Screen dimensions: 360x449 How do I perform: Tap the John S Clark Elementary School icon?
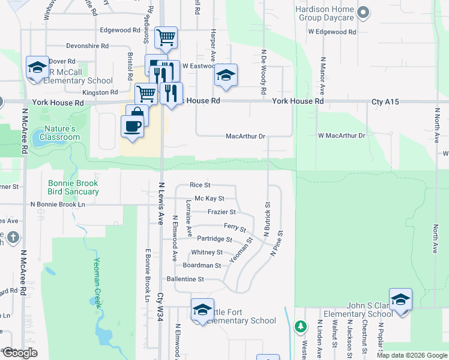(400, 299)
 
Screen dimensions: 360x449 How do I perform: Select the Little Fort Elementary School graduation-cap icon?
(203, 309)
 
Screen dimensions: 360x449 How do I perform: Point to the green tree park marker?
(301, 327)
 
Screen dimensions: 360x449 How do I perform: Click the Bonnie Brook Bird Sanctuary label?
(73, 187)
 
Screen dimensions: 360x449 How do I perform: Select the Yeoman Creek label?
(98, 282)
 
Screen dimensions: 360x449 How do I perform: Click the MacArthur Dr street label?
(245, 136)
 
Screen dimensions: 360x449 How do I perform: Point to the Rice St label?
(200, 185)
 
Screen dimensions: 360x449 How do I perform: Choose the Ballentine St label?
(185, 279)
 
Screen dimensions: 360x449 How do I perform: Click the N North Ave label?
(436, 230)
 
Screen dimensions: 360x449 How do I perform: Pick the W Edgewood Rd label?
(332, 31)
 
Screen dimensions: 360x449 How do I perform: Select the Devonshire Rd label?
(87, 45)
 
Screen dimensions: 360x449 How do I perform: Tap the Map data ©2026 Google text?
(411, 355)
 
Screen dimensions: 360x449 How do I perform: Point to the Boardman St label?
(202, 265)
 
